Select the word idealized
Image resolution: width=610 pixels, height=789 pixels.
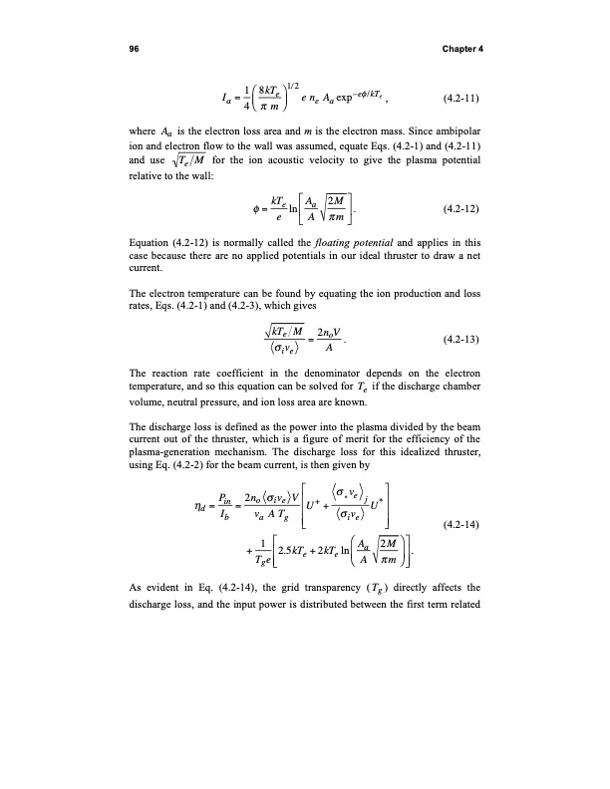pos(411,480)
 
